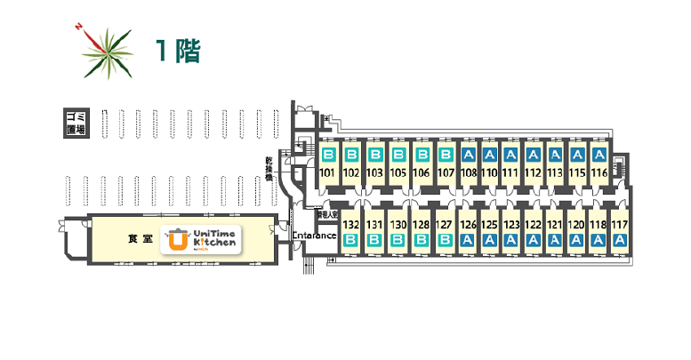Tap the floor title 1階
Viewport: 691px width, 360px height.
[x=177, y=51]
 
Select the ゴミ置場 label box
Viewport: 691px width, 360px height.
[x=76, y=123]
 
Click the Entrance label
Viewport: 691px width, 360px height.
[x=314, y=236]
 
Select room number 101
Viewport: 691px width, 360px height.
[x=326, y=172]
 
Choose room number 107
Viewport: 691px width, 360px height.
[x=446, y=172]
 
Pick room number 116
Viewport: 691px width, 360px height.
[x=599, y=172]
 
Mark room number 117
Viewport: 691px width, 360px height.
[x=620, y=226]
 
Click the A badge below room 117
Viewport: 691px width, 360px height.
[x=620, y=240]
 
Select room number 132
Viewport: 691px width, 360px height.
[x=350, y=226]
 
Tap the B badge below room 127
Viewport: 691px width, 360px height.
[x=445, y=240]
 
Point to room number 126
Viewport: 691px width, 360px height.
[x=468, y=226]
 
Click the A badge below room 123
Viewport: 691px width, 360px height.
[x=510, y=240]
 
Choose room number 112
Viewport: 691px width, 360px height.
[x=533, y=172]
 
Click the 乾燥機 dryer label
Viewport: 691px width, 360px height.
[x=268, y=169]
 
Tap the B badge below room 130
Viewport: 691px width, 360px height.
[x=398, y=240]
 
